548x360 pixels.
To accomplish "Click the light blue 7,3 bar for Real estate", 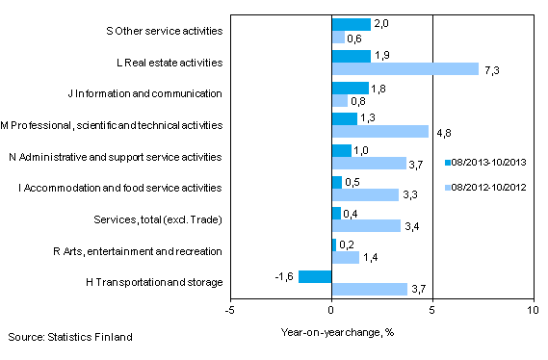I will (404, 69).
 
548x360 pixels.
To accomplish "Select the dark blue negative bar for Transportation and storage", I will (315, 277).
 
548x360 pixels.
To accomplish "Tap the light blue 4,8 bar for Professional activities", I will (379, 132).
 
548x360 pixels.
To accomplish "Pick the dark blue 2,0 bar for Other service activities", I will (351, 25).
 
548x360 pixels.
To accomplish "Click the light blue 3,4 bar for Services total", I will (365, 226).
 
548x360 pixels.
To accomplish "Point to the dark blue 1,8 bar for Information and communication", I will (349, 88).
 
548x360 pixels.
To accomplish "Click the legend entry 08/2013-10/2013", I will (488, 162).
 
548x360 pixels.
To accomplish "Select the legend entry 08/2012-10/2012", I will (488, 187).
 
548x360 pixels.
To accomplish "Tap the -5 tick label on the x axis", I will (230, 311).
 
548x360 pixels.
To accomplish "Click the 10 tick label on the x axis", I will (533, 311).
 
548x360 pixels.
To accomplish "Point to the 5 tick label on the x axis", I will (432, 311).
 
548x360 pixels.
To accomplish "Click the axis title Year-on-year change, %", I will (330, 330).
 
